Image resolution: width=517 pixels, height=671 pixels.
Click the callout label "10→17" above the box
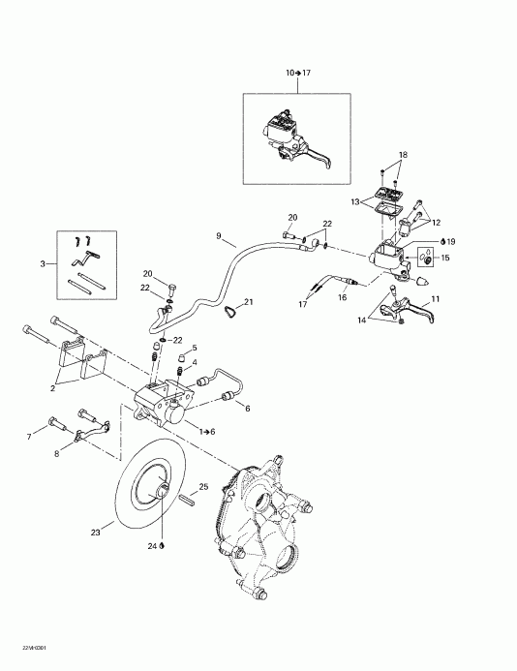coord(297,74)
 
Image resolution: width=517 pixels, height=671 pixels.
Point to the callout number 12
coord(436,223)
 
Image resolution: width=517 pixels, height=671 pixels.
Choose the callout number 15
coord(445,259)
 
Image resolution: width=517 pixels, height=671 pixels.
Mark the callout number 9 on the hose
coord(219,235)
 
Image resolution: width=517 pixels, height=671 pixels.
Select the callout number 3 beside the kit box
coord(41,263)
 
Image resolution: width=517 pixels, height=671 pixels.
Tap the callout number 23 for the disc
coord(95,531)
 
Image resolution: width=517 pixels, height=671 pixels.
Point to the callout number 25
coord(204,486)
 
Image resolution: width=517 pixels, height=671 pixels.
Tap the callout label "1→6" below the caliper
coord(206,429)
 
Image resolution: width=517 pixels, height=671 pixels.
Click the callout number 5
coord(194,348)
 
